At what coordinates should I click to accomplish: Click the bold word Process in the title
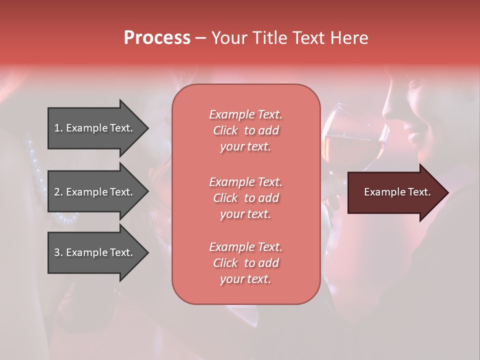click(157, 38)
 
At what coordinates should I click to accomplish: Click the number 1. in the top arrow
click(58, 128)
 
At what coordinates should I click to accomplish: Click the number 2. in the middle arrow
click(58, 192)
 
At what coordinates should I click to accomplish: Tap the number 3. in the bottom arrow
click(58, 252)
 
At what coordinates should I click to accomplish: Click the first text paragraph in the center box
click(245, 130)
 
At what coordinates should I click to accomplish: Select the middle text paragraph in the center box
click(245, 197)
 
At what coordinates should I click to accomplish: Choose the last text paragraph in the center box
click(245, 263)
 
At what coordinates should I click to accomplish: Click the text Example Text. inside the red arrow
click(397, 192)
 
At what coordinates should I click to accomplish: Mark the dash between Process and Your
click(200, 38)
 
